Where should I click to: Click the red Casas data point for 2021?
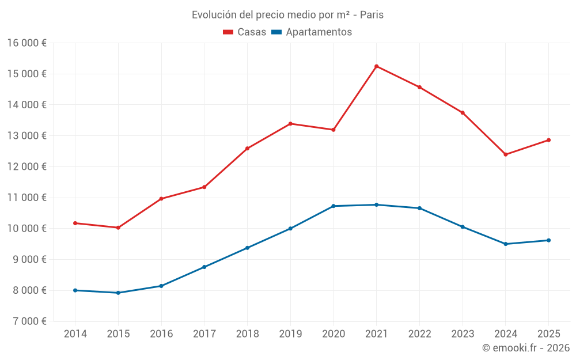click(x=376, y=66)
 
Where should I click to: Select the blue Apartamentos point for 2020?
click(x=334, y=206)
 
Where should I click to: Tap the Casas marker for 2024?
click(x=506, y=154)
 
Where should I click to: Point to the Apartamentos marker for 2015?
click(x=118, y=293)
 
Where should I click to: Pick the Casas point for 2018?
click(x=247, y=149)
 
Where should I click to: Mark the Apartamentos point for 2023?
click(x=463, y=227)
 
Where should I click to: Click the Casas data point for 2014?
click(x=75, y=223)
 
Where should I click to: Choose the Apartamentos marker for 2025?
click(x=548, y=240)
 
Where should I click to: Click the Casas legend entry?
click(x=245, y=32)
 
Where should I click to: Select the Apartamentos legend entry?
click(x=312, y=32)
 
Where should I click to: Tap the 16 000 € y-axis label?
click(x=27, y=43)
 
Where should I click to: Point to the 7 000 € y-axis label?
click(x=27, y=321)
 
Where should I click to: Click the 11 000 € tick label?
click(x=27, y=198)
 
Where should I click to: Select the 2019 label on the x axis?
click(x=290, y=334)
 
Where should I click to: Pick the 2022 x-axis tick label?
click(x=419, y=334)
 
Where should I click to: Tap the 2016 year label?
click(x=161, y=334)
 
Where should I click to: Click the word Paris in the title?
click(x=372, y=15)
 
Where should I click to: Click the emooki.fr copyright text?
click(x=526, y=348)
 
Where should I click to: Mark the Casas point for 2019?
click(x=290, y=124)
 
